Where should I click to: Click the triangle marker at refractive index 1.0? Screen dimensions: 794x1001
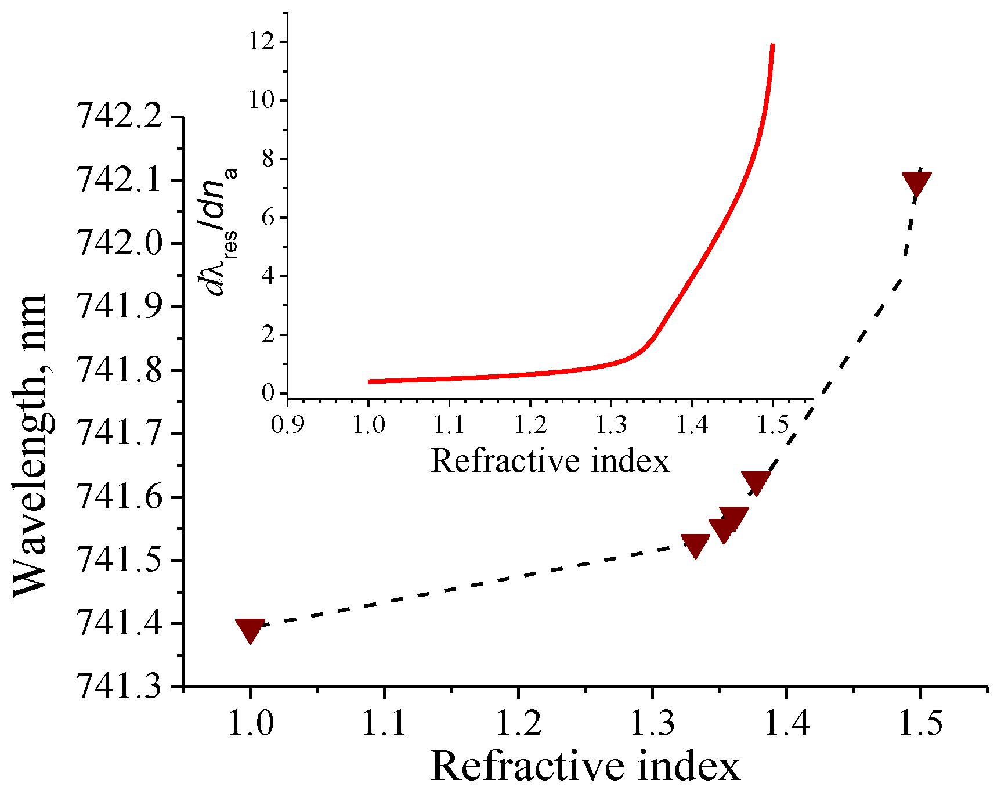click(x=250, y=629)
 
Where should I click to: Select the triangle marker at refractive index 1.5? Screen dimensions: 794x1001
click(x=916, y=183)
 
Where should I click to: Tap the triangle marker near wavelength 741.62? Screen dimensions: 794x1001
click(x=756, y=482)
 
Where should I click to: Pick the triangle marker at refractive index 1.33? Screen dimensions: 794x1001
click(x=695, y=545)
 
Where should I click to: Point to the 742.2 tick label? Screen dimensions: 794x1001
click(x=120, y=117)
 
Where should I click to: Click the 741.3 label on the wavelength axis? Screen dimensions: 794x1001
click(x=120, y=687)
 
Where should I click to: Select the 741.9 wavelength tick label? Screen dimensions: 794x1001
click(x=120, y=307)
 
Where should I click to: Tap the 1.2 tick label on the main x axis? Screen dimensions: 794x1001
click(x=518, y=723)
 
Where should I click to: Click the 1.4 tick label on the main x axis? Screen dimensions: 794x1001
click(x=786, y=723)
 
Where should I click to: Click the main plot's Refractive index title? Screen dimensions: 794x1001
click(x=585, y=767)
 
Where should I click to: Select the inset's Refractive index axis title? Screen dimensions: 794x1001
click(x=550, y=461)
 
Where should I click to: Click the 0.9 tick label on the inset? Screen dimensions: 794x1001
click(x=288, y=425)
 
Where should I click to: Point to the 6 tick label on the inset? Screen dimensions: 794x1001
click(x=267, y=218)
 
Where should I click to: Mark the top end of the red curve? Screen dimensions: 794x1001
click(x=773, y=44)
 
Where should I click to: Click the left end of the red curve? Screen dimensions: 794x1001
click(x=370, y=381)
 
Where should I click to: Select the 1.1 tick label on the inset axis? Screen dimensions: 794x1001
click(x=450, y=425)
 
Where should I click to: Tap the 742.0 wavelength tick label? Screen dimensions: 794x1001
click(x=120, y=244)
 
